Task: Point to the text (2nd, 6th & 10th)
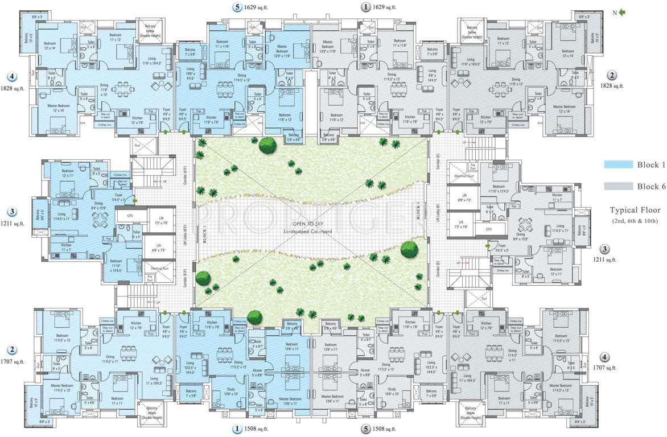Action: pos(635,220)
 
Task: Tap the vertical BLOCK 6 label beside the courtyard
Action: pos(418,211)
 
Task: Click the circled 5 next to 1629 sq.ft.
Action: pos(237,7)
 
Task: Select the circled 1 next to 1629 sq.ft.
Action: pos(365,7)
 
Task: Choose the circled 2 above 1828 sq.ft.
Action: pos(612,75)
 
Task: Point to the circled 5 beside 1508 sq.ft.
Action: pos(365,428)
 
